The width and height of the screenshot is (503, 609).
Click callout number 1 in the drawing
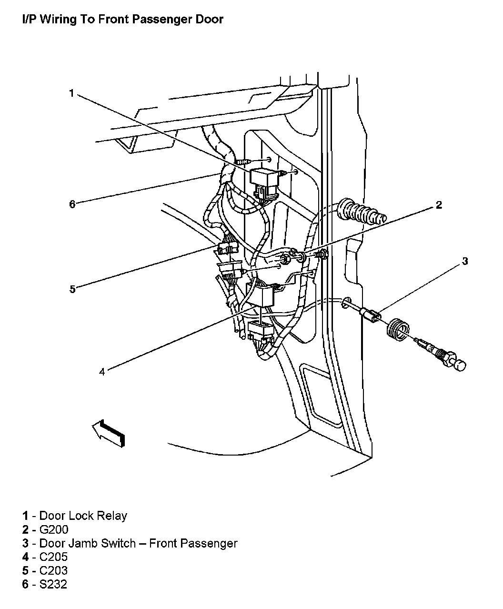coord(71,93)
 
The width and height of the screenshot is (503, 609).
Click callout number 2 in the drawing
coord(439,205)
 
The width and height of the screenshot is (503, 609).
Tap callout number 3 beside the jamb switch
coord(465,261)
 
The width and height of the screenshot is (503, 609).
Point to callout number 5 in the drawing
coord(72,289)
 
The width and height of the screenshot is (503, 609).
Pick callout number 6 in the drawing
coord(72,204)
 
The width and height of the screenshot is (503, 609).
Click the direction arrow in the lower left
coord(110,433)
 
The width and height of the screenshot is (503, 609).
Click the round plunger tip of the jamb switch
coord(459,366)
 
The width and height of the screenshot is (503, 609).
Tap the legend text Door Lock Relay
coord(83,516)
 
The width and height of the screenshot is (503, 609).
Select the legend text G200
coord(54,529)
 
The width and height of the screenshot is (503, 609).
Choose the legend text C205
coord(53,557)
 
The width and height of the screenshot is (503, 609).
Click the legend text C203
coord(53,571)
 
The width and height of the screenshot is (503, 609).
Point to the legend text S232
coord(53,585)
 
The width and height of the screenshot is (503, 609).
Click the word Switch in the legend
coord(118,543)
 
